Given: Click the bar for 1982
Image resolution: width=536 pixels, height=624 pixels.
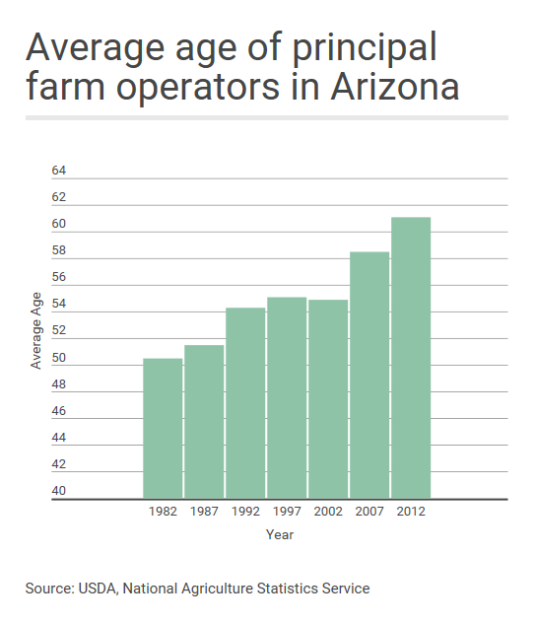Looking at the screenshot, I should pos(163,429).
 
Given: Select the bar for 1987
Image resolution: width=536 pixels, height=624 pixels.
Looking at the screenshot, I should pos(204,422).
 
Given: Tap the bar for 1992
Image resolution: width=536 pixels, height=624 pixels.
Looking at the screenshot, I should pos(245,403).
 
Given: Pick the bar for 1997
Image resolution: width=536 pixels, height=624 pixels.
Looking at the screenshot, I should pos(287,398).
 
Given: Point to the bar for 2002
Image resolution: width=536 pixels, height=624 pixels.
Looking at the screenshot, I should pos(328,399).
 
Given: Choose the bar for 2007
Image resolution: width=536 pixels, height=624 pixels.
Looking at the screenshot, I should pos(369,376).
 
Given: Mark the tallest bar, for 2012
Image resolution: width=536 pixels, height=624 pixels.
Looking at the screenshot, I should pos(411,358).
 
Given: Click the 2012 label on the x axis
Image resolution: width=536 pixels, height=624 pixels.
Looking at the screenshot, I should pos(411,514).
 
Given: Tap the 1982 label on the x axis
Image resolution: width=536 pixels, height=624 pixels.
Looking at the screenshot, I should pos(163,514).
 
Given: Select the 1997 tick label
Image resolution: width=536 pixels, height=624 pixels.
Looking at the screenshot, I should pos(287,514).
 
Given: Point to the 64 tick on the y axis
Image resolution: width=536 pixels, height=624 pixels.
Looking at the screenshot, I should pos(58,172).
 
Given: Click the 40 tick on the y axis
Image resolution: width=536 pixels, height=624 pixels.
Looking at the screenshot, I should pos(58,491).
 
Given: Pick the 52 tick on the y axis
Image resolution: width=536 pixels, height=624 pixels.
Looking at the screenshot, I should pos(58,331).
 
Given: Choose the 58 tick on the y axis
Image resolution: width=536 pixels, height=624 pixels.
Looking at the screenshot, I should pos(58,251).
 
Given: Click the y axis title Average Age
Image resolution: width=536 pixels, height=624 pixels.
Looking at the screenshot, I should pos(35,330).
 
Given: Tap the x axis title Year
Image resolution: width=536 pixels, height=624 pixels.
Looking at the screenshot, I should pos(280,535).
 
